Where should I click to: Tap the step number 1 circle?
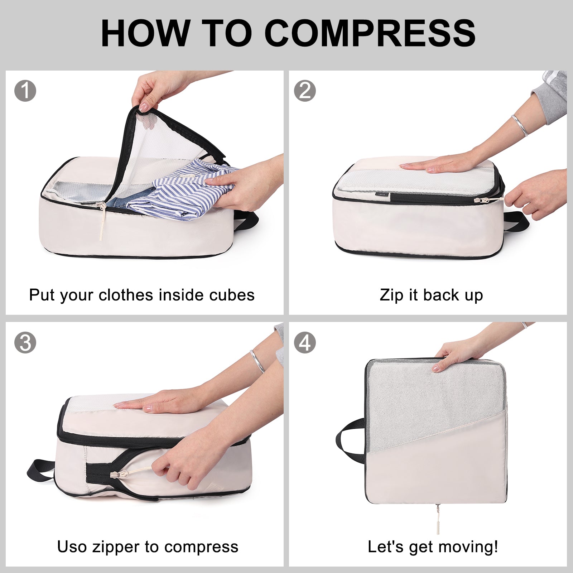(25, 91)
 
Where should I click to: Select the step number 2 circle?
(305, 91)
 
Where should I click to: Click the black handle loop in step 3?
(39, 469)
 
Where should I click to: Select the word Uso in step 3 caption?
(72, 547)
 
